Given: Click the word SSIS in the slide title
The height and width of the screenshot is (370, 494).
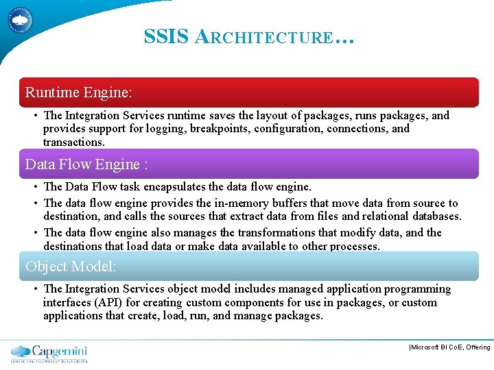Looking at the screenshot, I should tap(166, 36).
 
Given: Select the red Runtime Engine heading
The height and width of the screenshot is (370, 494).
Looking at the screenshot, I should tap(247, 92).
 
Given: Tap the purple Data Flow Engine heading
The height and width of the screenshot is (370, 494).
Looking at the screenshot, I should tap(247, 164).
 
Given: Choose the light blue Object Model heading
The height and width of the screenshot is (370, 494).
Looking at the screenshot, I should tap(247, 266).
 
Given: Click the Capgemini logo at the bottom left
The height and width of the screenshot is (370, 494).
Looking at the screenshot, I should tap(49, 353).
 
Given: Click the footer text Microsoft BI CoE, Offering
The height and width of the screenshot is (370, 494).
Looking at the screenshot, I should tap(449, 347).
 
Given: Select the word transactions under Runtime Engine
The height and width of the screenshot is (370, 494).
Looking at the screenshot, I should tap(73, 143).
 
